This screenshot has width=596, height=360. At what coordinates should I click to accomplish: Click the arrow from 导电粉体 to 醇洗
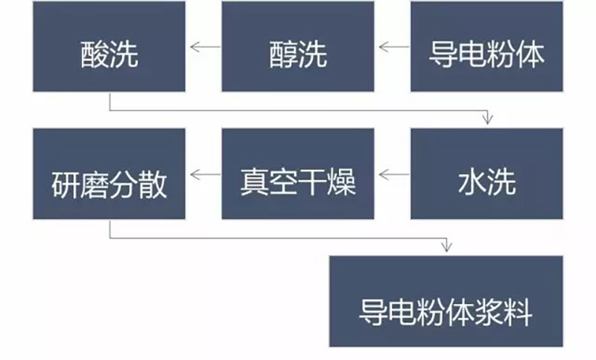coord(394,48)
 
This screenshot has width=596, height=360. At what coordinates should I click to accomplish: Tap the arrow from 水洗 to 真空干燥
coord(394,176)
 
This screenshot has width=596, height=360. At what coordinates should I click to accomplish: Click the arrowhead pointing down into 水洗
coord(489,119)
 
